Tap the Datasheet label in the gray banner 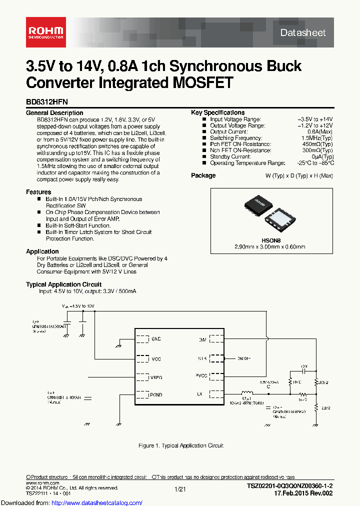[x=302, y=32]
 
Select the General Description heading [x=54, y=113]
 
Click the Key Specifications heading [x=217, y=112]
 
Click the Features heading [x=38, y=192]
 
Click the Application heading [x=42, y=251]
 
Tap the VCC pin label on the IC [x=156, y=358]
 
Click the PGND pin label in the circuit [x=156, y=394]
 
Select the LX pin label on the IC [x=199, y=394]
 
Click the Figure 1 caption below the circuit [x=180, y=445]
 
